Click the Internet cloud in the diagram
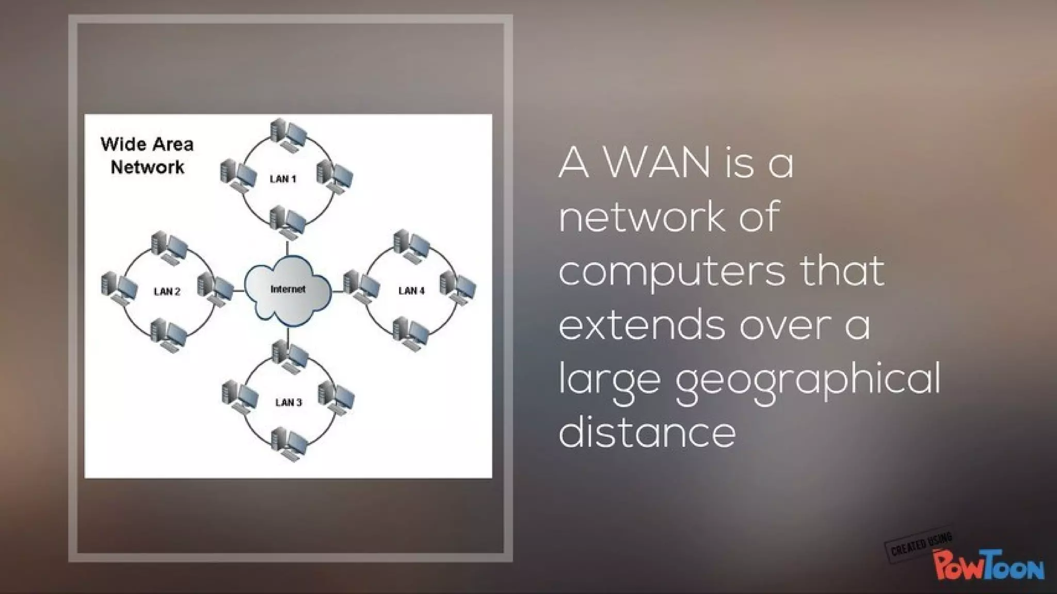pos(287,292)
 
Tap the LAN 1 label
pos(283,179)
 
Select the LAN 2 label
pos(167,292)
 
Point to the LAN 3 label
pos(289,403)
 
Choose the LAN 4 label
pos(411,291)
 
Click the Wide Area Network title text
pos(147,155)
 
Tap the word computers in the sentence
pos(672,272)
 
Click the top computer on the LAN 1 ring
pos(288,133)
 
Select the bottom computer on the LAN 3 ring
pos(289,443)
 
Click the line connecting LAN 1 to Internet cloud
pos(287,248)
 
